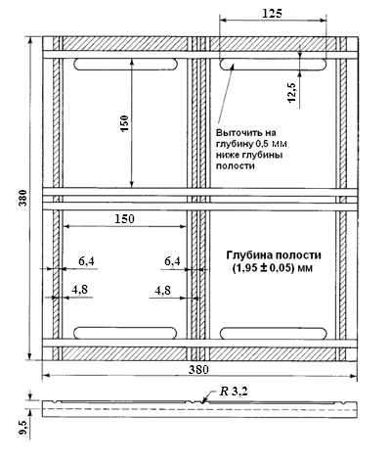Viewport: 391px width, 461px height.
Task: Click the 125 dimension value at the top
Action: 272,14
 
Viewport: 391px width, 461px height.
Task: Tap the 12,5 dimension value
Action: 292,93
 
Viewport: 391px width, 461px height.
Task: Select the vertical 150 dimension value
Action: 125,123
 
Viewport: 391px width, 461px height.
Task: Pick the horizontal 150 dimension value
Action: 124,218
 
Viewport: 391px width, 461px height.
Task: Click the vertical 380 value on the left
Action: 23,198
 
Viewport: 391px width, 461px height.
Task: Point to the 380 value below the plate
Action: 198,370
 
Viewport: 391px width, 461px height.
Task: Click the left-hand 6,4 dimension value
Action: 86,261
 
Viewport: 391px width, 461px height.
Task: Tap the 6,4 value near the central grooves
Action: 172,261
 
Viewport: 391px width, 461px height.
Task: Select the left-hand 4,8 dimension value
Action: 80,290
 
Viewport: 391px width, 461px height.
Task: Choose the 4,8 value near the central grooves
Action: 162,291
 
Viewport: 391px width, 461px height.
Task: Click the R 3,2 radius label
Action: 234,392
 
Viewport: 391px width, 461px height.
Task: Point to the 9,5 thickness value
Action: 23,428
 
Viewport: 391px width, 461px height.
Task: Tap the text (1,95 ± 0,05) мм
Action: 273,268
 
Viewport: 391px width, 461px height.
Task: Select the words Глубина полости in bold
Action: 274,254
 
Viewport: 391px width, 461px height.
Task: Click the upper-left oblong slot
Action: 126,65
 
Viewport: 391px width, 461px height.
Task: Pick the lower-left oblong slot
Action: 125,333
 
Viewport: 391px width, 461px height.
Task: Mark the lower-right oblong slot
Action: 274,333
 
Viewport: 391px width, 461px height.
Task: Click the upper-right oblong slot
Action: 273,65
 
